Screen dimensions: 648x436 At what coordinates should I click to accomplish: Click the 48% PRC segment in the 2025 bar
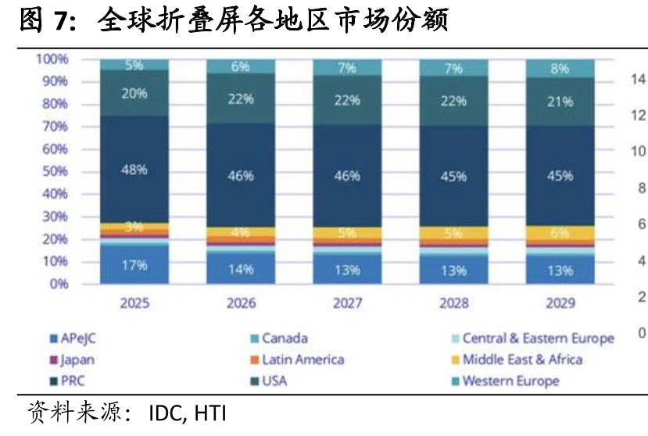pyautogui.click(x=134, y=170)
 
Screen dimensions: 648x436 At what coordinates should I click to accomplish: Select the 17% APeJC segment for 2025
pyautogui.click(x=134, y=265)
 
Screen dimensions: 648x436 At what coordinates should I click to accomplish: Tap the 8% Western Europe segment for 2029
pyautogui.click(x=560, y=68)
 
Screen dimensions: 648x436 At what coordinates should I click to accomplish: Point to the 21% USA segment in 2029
pyautogui.click(x=560, y=102)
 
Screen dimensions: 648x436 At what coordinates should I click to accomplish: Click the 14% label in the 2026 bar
pyautogui.click(x=241, y=270)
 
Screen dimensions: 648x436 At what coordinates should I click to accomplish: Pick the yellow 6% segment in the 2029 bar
pyautogui.click(x=560, y=233)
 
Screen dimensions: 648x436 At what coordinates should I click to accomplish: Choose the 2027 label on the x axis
pyautogui.click(x=347, y=303)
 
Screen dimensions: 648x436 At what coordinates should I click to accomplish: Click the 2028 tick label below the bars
pyautogui.click(x=454, y=303)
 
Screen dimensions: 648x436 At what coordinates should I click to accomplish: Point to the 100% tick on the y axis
pyautogui.click(x=52, y=59)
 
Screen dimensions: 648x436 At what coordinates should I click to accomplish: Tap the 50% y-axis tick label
pyautogui.click(x=55, y=171)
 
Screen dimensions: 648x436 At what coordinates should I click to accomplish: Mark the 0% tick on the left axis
pyautogui.click(x=59, y=284)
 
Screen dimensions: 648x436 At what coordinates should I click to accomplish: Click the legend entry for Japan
pyautogui.click(x=73, y=359)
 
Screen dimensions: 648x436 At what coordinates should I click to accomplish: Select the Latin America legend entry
pyautogui.click(x=298, y=359)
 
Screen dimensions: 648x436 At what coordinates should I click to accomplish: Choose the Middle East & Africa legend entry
pyautogui.click(x=517, y=359)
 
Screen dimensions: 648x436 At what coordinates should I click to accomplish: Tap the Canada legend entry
pyautogui.click(x=279, y=338)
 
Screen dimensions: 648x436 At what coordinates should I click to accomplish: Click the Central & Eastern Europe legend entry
pyautogui.click(x=533, y=338)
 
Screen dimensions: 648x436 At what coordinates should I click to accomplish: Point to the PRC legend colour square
pyautogui.click(x=53, y=381)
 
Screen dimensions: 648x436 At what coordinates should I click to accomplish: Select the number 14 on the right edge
pyautogui.click(x=639, y=78)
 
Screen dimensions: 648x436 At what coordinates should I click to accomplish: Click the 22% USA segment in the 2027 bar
pyautogui.click(x=347, y=101)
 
